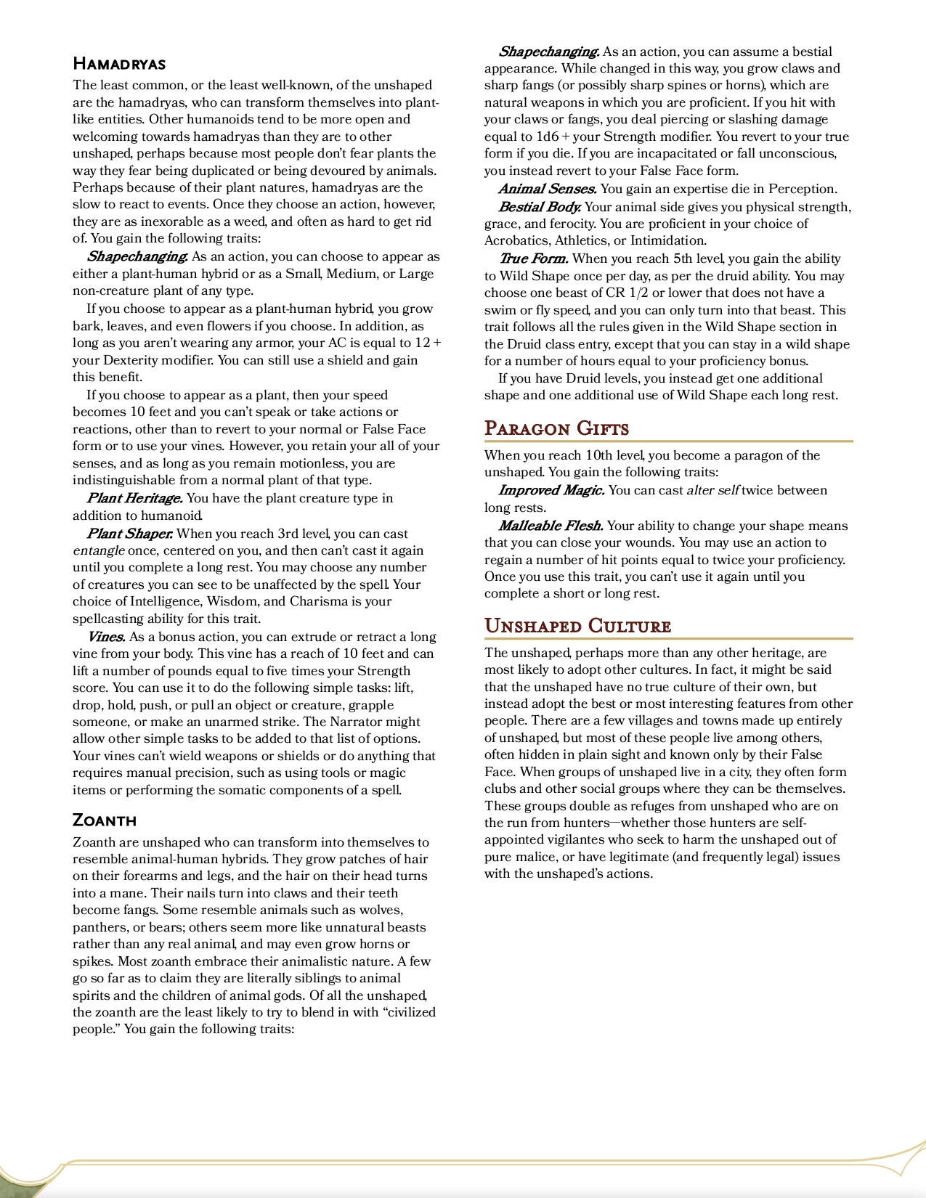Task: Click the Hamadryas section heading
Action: tap(119, 64)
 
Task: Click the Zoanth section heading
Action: tap(105, 820)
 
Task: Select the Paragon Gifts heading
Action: tap(556, 428)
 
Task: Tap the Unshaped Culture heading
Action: tap(577, 626)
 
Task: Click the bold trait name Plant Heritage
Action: tap(134, 498)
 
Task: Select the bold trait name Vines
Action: tap(106, 637)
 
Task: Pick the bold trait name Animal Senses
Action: tap(547, 189)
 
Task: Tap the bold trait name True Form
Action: tap(533, 258)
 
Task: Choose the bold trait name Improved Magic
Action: tap(551, 490)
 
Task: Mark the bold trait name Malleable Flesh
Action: tap(551, 526)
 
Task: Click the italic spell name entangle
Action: tap(99, 550)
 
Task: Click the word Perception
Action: tap(803, 189)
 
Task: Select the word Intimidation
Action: tap(668, 240)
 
